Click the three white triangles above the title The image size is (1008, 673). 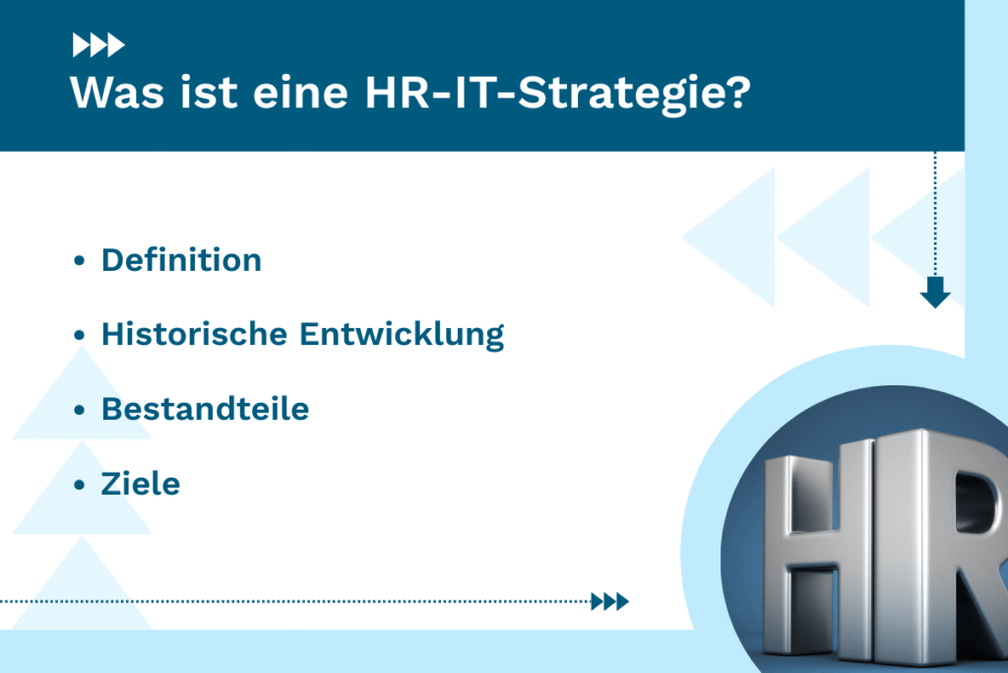pos(98,44)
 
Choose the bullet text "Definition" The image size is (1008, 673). pos(181,260)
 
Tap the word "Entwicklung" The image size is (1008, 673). pos(402,334)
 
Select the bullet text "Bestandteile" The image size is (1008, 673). pos(205,409)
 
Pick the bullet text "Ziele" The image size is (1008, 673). pos(141,484)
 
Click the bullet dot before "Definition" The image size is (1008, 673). pos(79,262)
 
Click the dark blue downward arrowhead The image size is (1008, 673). pos(934,293)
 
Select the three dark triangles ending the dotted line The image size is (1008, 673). pos(609,601)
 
